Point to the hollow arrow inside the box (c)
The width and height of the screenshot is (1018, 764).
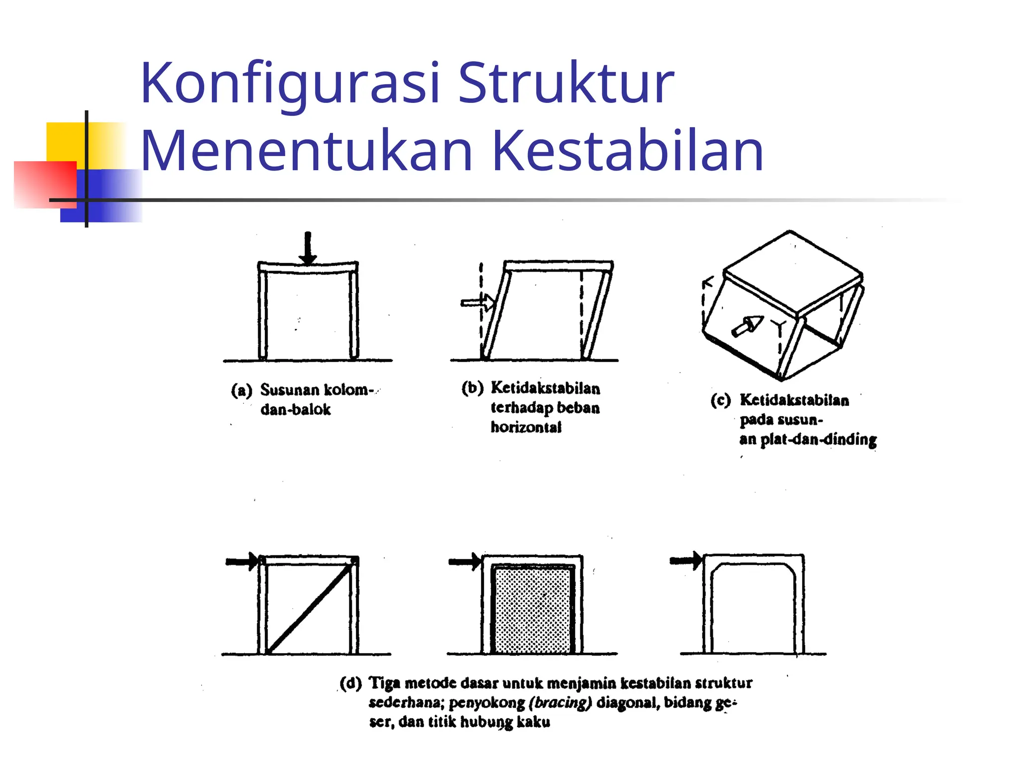(x=747, y=326)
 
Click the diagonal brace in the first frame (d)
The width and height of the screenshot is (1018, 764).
(x=310, y=608)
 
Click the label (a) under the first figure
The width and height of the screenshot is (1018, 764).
(x=242, y=390)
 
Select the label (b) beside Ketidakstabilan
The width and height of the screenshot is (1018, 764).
(x=472, y=388)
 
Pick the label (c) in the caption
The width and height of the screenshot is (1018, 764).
(x=720, y=400)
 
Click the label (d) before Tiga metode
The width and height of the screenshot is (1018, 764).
(x=350, y=683)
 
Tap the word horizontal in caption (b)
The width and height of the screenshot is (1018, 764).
(x=526, y=427)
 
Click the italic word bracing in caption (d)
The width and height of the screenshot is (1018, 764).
(x=560, y=702)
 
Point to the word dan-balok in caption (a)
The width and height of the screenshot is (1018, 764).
(x=295, y=409)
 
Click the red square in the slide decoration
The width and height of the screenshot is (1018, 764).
(x=45, y=184)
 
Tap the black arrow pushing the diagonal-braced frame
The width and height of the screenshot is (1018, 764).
(x=242, y=562)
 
